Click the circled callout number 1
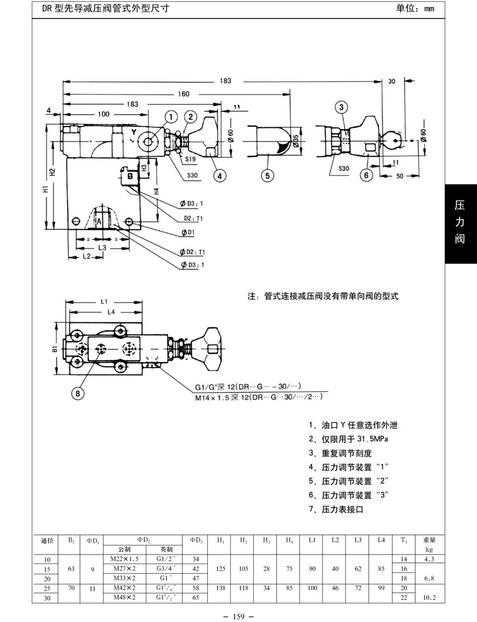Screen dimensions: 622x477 171,116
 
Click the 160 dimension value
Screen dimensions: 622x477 184,94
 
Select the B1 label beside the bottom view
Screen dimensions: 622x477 55,349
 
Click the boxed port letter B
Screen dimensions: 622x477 129,174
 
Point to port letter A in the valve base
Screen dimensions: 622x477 99,219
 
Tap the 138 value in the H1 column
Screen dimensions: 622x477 221,588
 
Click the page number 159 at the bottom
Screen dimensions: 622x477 238,615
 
